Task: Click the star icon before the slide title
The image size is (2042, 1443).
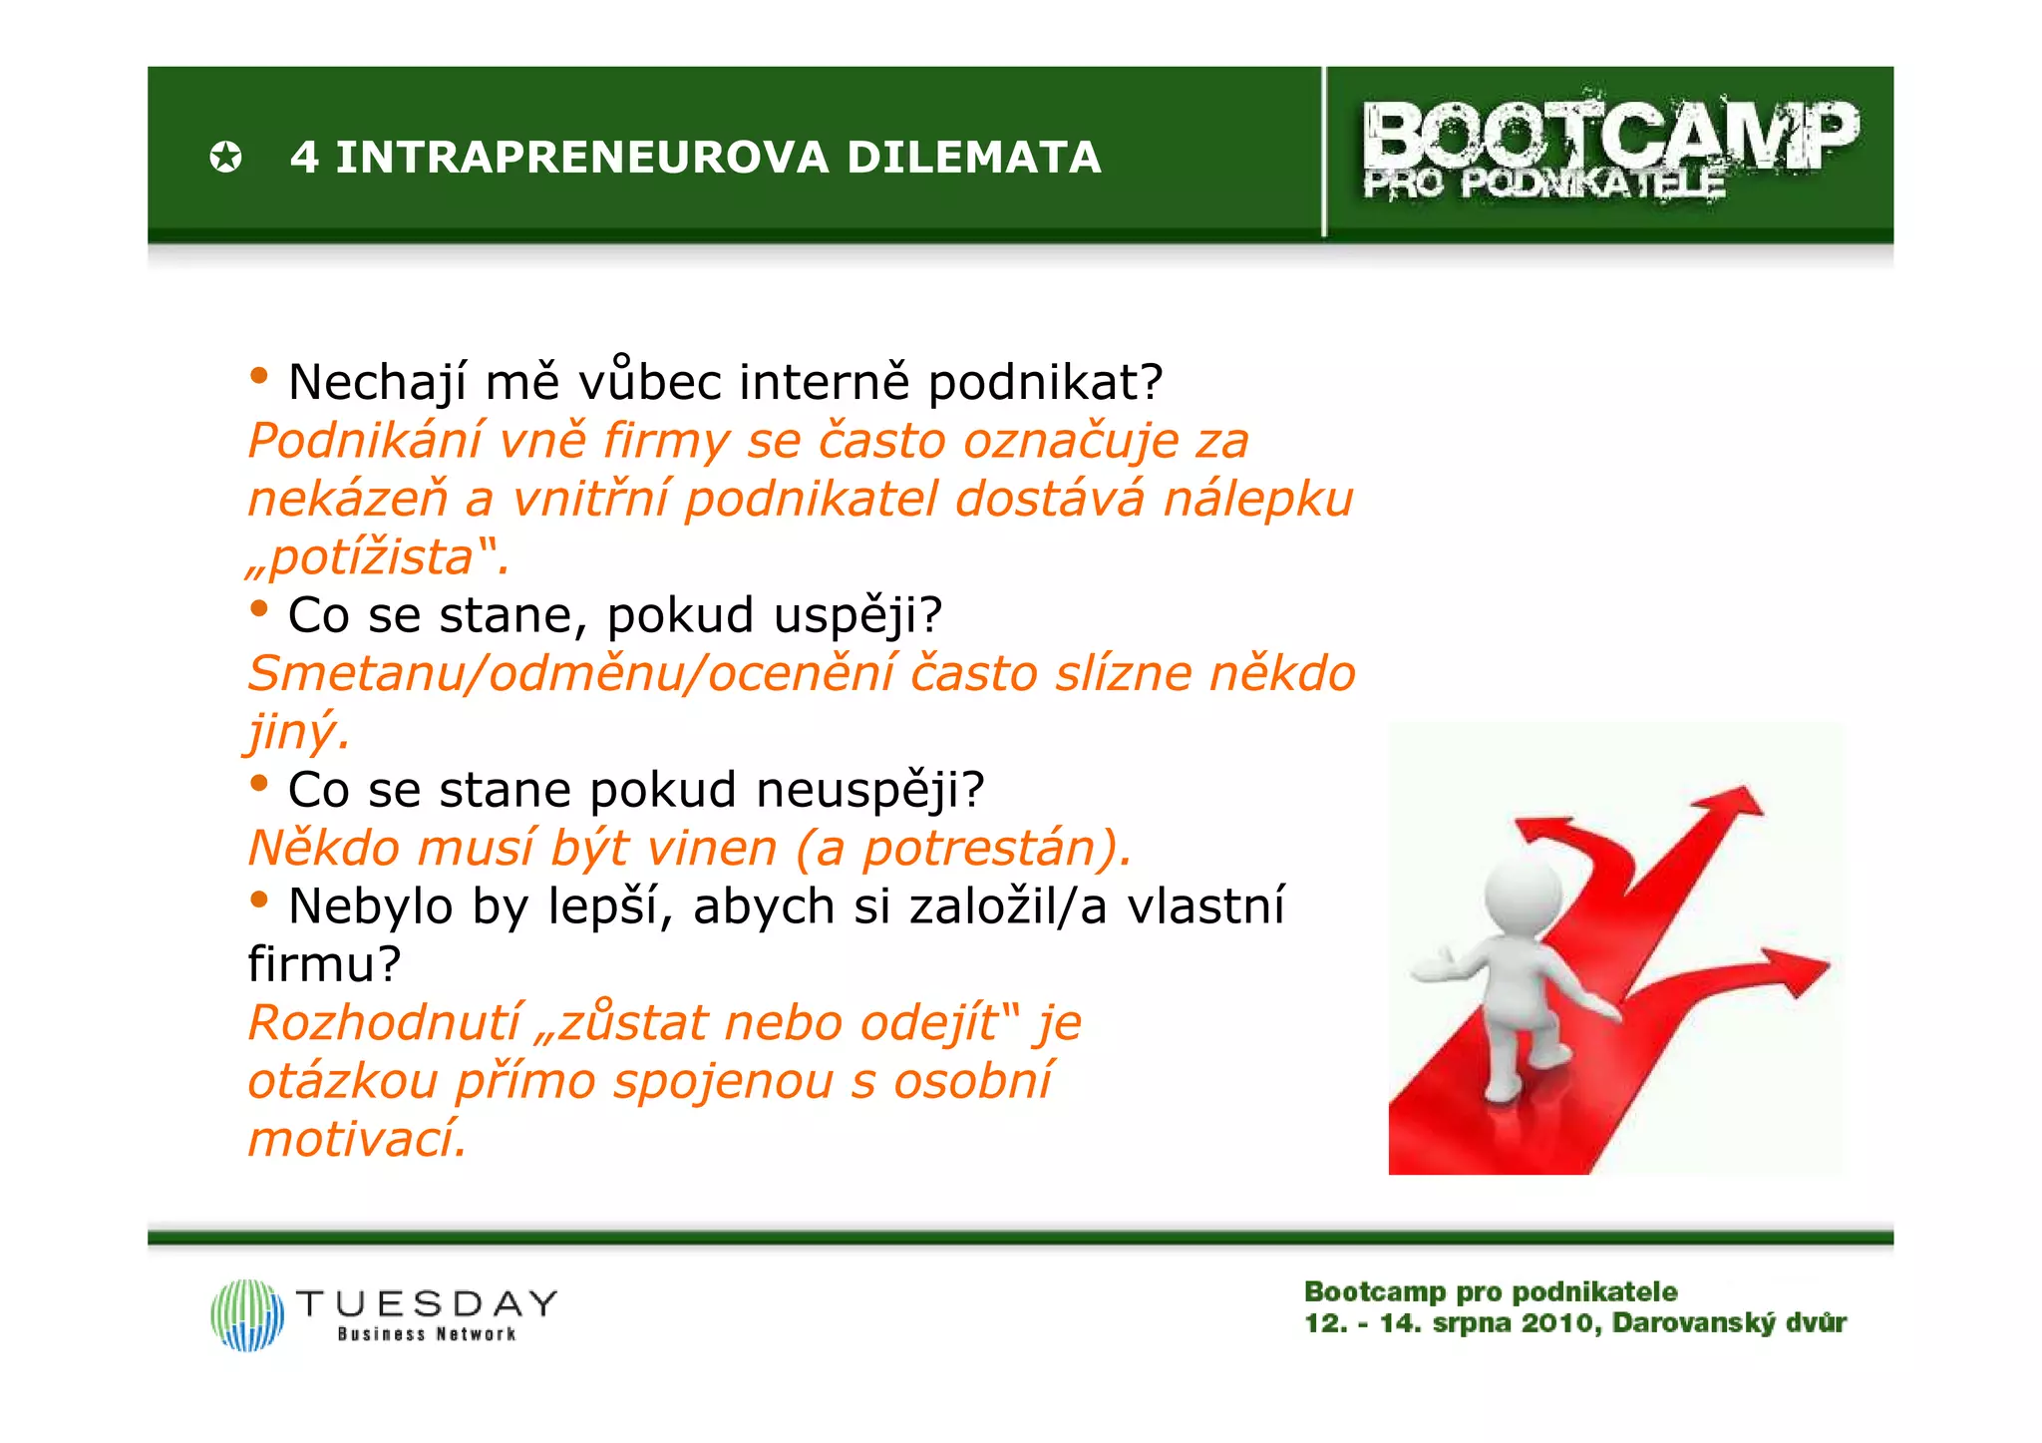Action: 225,158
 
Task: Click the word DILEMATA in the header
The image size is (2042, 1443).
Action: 973,158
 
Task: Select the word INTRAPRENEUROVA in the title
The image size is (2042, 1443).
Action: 582,158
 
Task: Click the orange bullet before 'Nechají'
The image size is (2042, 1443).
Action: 259,377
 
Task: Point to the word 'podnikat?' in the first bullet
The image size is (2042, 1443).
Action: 1045,383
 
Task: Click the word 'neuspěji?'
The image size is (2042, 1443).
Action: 869,790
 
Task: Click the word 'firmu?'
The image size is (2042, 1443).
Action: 324,964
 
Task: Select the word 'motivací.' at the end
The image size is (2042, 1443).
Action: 357,1139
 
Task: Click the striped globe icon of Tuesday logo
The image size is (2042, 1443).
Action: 247,1315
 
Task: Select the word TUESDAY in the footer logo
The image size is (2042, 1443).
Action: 427,1303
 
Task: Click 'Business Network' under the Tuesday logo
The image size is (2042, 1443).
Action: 427,1334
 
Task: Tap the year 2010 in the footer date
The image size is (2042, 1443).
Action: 1560,1323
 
